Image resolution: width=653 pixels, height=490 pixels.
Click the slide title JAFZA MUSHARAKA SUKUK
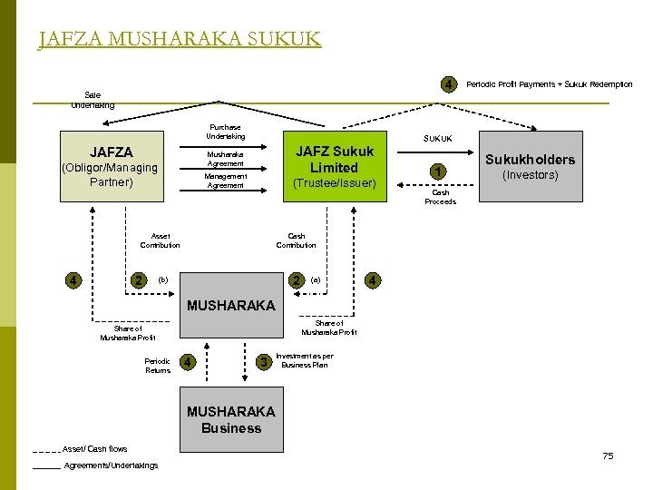[180, 39]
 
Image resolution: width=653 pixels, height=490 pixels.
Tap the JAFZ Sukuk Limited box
[334, 167]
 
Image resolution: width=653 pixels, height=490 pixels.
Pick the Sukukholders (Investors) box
[530, 167]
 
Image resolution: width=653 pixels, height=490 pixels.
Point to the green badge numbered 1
[437, 172]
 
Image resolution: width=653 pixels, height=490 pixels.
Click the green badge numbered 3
[264, 363]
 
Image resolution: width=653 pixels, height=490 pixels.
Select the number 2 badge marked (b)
[138, 280]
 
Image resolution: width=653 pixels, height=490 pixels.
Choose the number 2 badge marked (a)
[296, 280]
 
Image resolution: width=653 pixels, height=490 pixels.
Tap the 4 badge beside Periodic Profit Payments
[448, 84]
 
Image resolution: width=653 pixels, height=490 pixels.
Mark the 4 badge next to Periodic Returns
[187, 363]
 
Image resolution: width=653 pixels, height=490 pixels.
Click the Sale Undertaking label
[93, 100]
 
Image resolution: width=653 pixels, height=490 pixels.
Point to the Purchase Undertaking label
[225, 132]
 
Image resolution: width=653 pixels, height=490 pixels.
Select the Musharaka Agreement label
[225, 159]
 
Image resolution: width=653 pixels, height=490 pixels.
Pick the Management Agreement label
[225, 181]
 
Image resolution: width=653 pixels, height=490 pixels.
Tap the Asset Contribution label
[160, 240]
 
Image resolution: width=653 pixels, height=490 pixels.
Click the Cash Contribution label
[296, 240]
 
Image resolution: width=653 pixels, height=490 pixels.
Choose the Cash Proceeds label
[440, 197]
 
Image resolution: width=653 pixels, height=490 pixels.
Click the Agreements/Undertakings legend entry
[111, 465]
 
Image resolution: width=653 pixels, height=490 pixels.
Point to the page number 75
[608, 456]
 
